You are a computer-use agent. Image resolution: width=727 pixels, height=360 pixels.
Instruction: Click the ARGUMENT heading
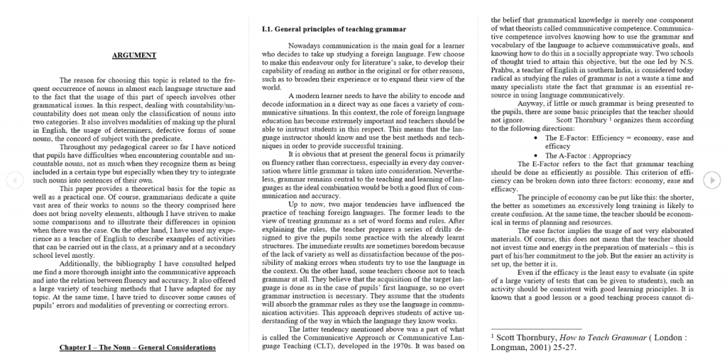(134, 55)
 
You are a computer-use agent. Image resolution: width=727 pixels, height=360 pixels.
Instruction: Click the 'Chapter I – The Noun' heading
(137, 347)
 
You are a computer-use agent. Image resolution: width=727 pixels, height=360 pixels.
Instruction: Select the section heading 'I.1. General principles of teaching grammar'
(334, 29)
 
